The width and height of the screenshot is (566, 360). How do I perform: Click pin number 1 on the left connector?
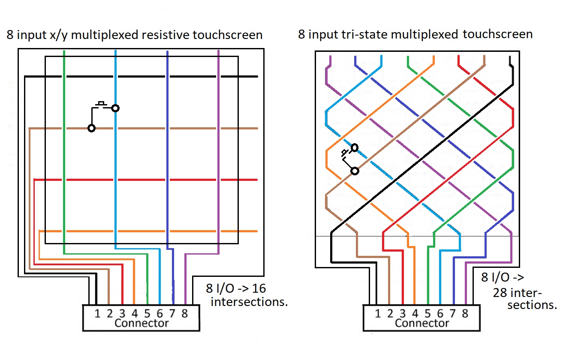click(97, 314)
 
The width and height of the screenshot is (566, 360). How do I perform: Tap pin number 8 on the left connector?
click(184, 314)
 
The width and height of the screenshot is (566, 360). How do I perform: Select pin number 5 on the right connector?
click(427, 314)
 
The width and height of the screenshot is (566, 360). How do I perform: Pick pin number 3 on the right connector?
click(402, 314)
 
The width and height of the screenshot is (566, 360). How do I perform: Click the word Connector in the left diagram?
click(141, 323)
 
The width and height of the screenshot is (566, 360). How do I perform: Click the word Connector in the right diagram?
click(421, 323)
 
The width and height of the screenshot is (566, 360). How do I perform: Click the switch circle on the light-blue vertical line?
click(115, 108)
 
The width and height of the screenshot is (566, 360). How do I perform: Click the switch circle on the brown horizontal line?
click(91, 128)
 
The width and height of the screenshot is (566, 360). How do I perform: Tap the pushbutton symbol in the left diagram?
click(102, 104)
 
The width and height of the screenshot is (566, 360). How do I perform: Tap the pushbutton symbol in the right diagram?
click(345, 153)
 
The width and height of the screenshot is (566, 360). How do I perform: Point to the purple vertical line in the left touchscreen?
click(218, 150)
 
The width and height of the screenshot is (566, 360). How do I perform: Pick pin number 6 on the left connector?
click(160, 314)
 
